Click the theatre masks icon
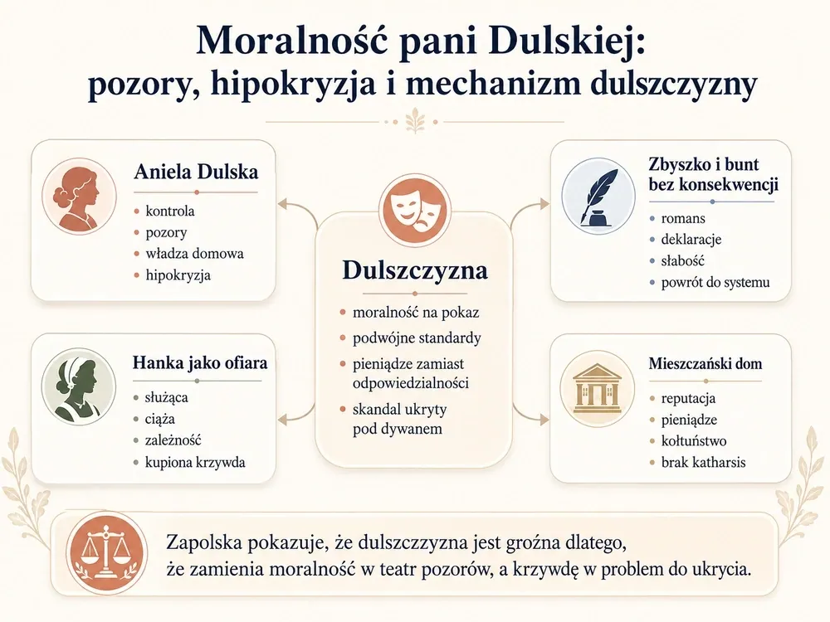pyautogui.click(x=414, y=209)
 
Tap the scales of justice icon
pyautogui.click(x=107, y=554)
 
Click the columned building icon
pyautogui.click(x=598, y=389)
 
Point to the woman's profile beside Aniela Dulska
pyautogui.click(x=80, y=195)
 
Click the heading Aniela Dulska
pyautogui.click(x=196, y=172)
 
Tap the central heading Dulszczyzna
pyautogui.click(x=414, y=270)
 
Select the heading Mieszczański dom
pyautogui.click(x=705, y=364)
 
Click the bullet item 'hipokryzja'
pyautogui.click(x=178, y=275)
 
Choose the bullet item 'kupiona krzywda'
pyautogui.click(x=195, y=463)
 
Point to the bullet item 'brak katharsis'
pyautogui.click(x=703, y=462)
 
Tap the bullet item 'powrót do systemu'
pyautogui.click(x=715, y=283)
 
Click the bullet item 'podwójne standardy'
pyautogui.click(x=417, y=338)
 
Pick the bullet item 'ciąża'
pyautogui.click(x=160, y=420)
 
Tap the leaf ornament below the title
pyautogui.click(x=414, y=122)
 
